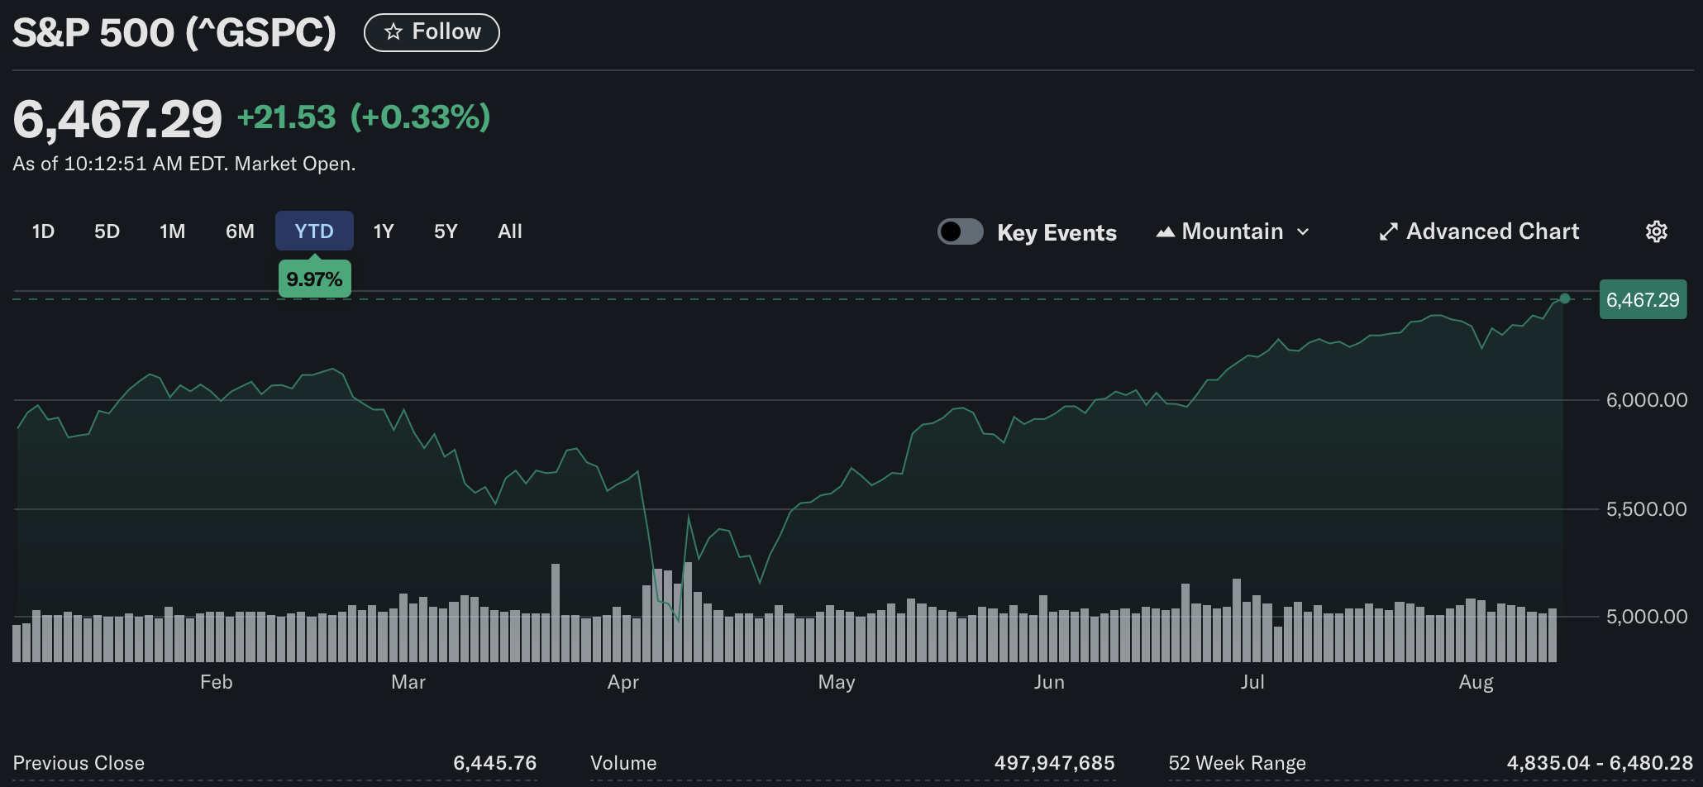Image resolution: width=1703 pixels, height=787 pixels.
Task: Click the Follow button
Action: [x=432, y=32]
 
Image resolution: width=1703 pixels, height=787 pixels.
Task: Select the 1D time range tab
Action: [x=43, y=231]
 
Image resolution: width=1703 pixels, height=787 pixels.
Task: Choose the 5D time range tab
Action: [x=107, y=231]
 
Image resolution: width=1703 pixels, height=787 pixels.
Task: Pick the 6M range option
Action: [x=240, y=231]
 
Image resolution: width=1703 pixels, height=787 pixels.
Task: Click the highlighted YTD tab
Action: [x=314, y=231]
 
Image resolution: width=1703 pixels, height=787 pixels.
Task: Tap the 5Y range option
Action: [x=446, y=231]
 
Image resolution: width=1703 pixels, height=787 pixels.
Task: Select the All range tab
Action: [x=510, y=231]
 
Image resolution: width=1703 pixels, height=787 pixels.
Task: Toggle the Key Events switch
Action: [x=960, y=231]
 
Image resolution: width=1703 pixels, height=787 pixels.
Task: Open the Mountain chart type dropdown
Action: [x=1233, y=231]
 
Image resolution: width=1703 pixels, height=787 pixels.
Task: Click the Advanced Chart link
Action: [x=1480, y=231]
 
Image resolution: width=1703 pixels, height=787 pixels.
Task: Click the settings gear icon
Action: [x=1656, y=231]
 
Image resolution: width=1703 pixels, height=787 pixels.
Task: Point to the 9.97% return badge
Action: [x=314, y=279]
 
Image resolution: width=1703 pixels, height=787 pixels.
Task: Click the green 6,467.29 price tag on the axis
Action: [x=1643, y=300]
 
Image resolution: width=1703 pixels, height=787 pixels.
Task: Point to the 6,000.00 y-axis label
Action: [x=1646, y=400]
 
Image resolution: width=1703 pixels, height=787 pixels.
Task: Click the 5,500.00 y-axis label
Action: [x=1646, y=509]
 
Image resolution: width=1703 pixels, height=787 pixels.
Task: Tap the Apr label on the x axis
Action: [x=623, y=682]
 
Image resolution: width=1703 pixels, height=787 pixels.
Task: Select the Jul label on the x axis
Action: [x=1252, y=682]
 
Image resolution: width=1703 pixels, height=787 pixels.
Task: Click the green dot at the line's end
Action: [x=1565, y=298]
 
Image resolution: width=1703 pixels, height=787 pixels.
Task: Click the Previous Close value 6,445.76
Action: [x=494, y=763]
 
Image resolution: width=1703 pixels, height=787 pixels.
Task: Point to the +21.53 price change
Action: [x=286, y=117]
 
